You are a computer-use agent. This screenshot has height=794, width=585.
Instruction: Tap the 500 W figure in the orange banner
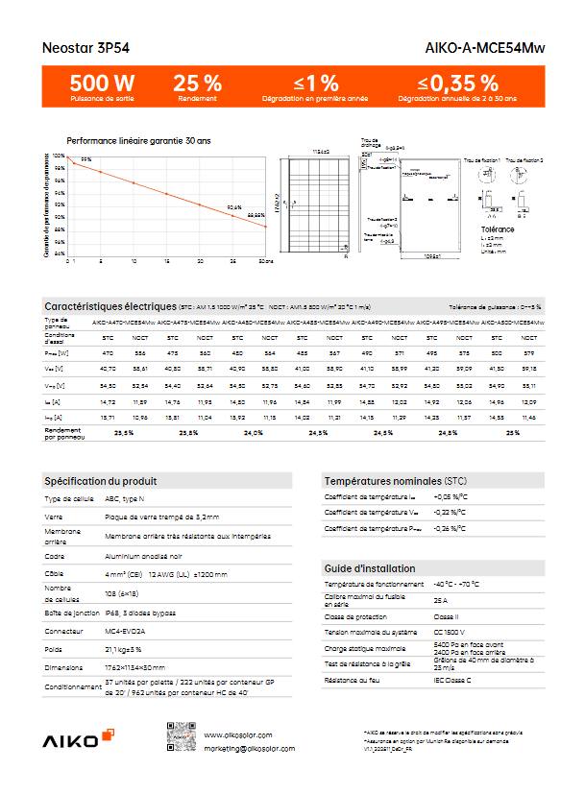click(102, 83)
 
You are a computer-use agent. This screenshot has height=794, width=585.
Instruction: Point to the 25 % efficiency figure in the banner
click(197, 83)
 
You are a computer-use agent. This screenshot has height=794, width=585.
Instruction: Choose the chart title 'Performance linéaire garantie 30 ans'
click(138, 141)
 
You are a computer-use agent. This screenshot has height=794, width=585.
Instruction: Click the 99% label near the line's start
click(85, 159)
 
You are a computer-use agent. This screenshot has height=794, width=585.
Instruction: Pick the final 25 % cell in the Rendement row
click(513, 433)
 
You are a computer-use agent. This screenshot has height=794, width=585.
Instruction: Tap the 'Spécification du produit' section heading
click(101, 480)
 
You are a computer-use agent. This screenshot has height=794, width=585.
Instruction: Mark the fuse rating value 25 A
click(442, 600)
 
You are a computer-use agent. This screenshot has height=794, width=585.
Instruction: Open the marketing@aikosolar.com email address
click(250, 748)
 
